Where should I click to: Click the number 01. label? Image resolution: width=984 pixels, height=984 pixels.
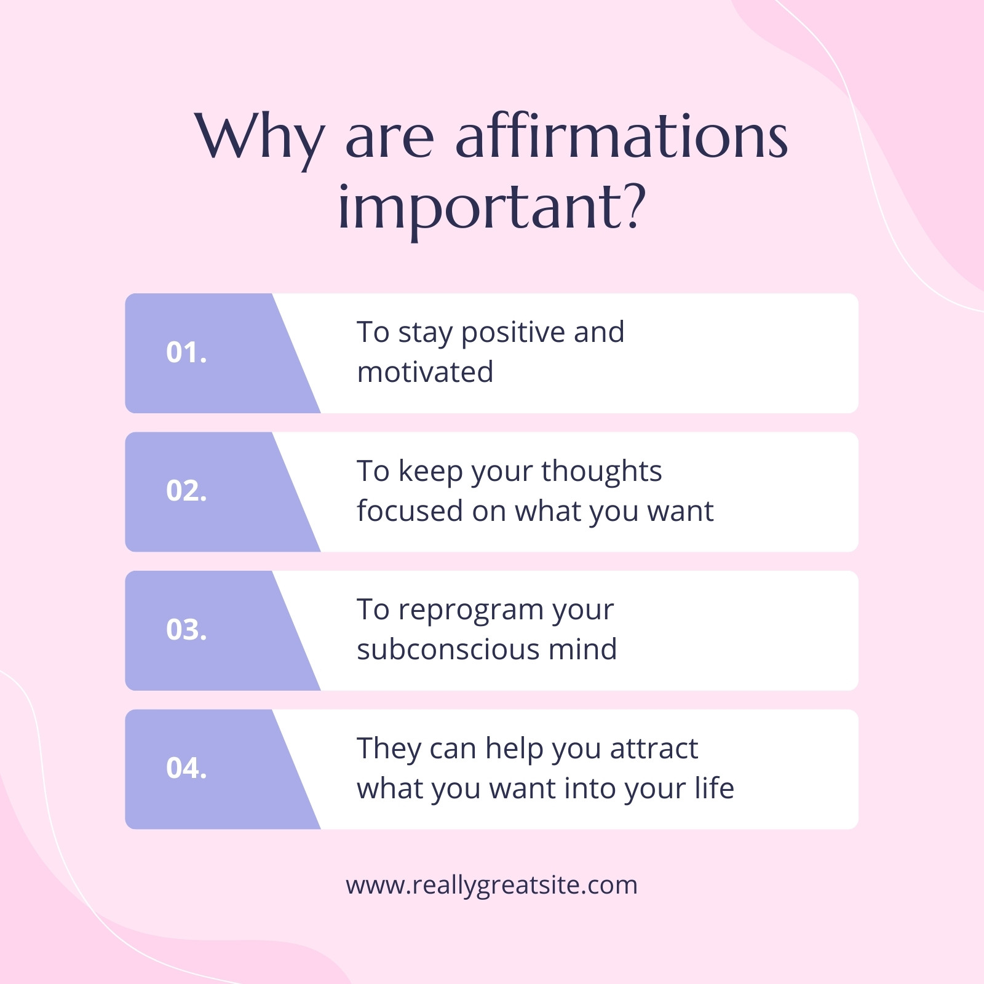pyautogui.click(x=186, y=352)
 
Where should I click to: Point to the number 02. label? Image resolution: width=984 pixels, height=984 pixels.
pyautogui.click(x=186, y=491)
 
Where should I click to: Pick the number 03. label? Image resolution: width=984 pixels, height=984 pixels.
pyautogui.click(x=186, y=630)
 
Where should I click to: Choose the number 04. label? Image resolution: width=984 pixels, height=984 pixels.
pyautogui.click(x=186, y=768)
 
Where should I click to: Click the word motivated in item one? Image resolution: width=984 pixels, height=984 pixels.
pyautogui.click(x=425, y=372)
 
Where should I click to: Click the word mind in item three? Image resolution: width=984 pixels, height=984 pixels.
pyautogui.click(x=582, y=649)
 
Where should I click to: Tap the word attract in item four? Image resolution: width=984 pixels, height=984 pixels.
pyautogui.click(x=654, y=749)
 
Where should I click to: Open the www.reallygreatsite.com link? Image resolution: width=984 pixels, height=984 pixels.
pyautogui.click(x=492, y=886)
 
